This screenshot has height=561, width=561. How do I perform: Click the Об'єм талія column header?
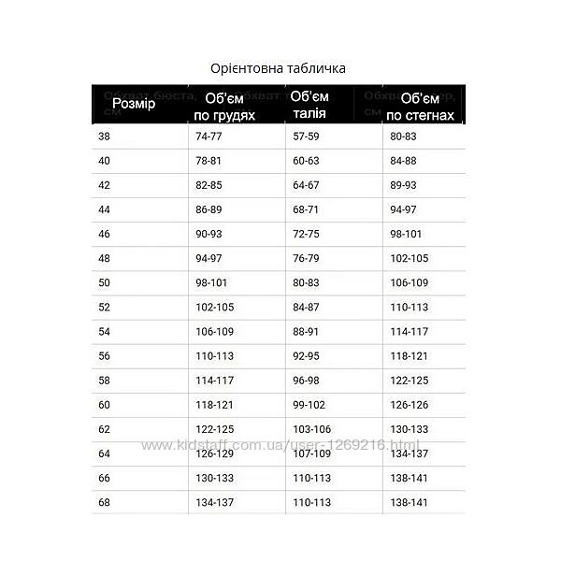309,105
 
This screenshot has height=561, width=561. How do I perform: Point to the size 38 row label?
103,137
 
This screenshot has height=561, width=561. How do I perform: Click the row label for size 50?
103,281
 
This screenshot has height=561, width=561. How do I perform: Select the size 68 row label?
103,501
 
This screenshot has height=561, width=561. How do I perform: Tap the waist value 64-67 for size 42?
306,185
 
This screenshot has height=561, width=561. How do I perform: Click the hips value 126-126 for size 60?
409,404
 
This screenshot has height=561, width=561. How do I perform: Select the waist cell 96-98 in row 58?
306,380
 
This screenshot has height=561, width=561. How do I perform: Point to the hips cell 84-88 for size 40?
403,161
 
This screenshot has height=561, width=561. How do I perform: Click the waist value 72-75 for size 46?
306,234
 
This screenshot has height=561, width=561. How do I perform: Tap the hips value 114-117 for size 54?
409,331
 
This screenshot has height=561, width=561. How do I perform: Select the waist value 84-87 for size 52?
306,307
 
